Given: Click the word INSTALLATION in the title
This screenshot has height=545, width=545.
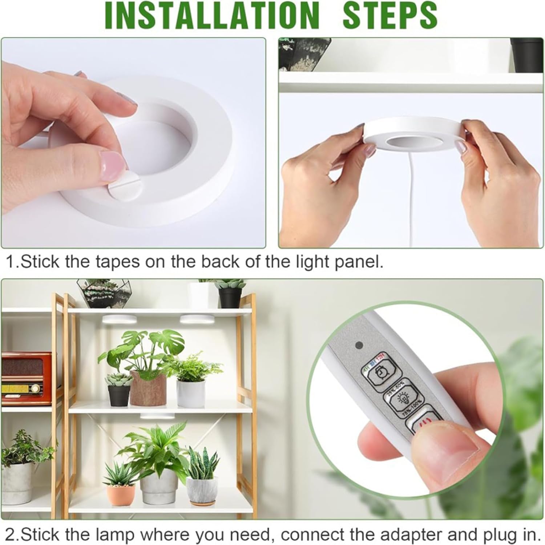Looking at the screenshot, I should click(x=214, y=15).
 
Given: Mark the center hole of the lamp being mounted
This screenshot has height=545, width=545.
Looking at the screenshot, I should click(x=403, y=142).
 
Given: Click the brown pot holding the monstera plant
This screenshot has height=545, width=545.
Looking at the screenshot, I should click(x=148, y=388).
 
